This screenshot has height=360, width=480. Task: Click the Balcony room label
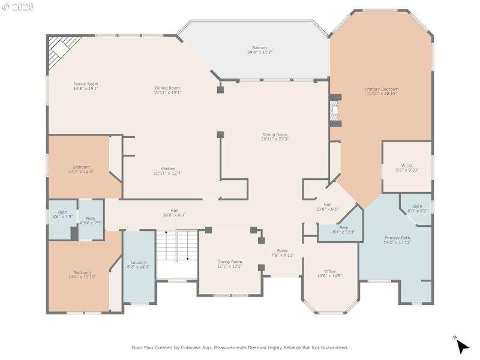259,47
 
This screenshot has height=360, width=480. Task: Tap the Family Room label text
86,84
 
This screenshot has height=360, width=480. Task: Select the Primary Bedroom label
382,89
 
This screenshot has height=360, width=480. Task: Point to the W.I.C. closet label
407,166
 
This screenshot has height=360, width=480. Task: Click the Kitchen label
167,169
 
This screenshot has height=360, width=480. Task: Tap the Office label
329,271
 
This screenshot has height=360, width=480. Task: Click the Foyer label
282,251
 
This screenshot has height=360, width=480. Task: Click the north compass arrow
461,346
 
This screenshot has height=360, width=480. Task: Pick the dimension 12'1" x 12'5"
229,266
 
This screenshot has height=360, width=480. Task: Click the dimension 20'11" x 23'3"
275,139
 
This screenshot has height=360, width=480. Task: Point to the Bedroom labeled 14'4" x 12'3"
81,167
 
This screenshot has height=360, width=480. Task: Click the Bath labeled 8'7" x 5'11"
343,227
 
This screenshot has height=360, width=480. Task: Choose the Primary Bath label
397,238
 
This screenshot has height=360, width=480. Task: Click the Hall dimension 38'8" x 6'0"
174,215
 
